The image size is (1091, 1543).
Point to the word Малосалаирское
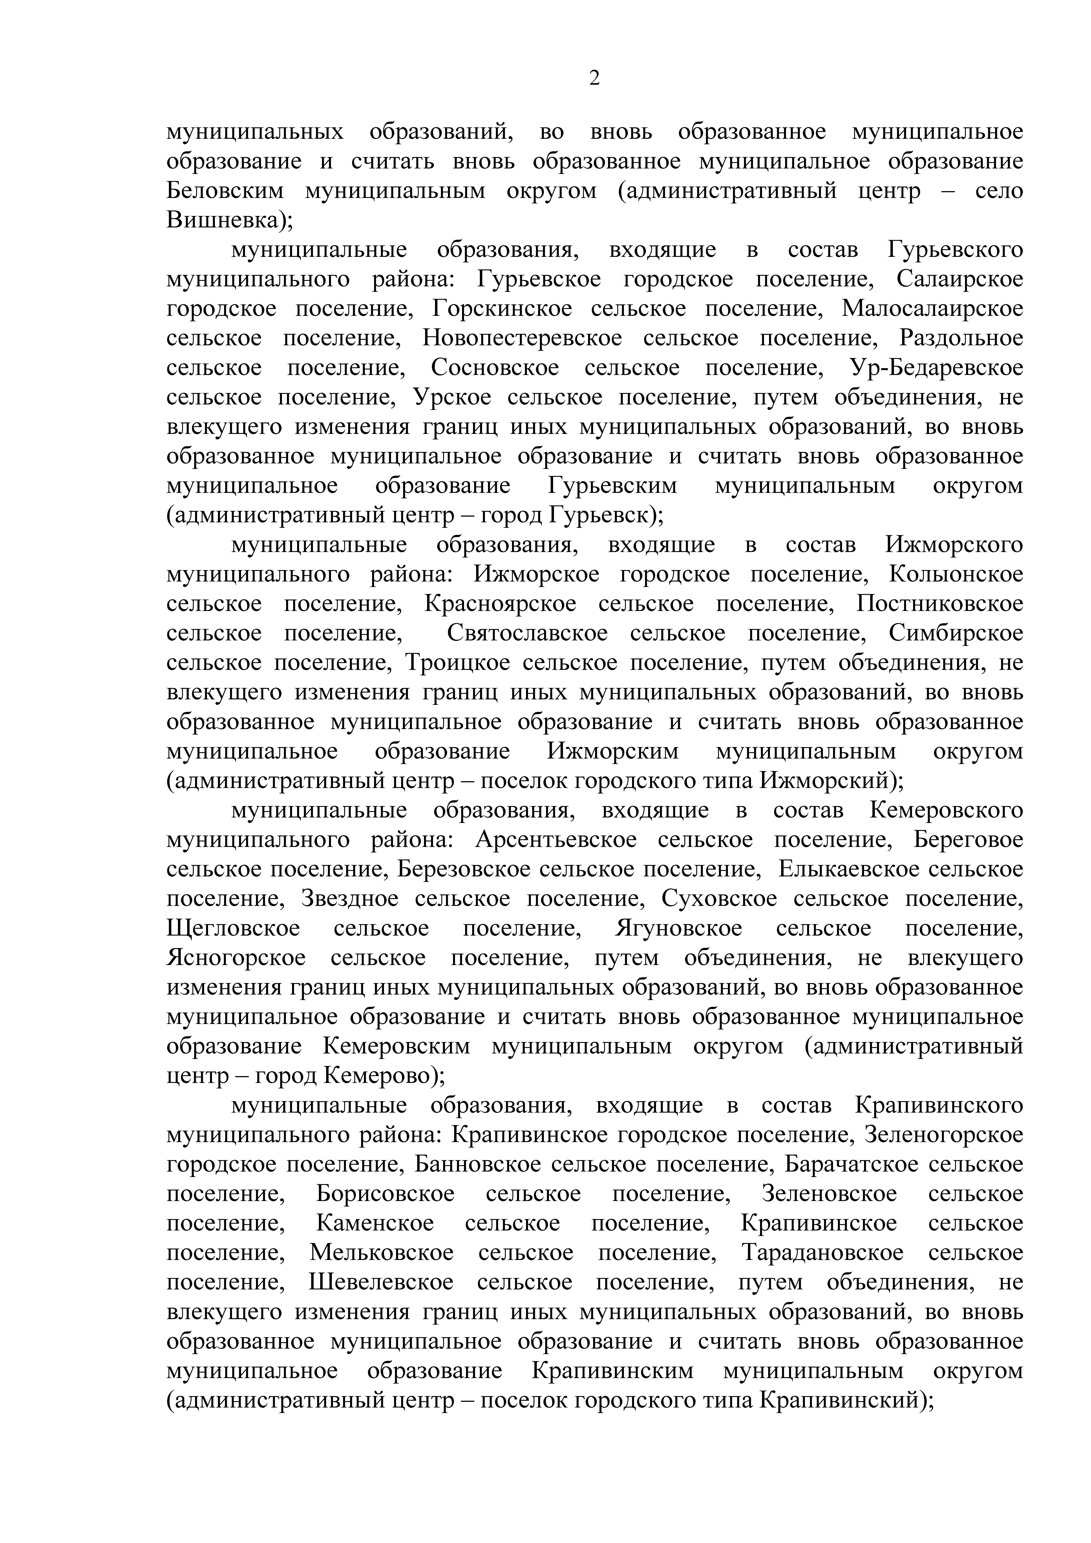tap(932, 309)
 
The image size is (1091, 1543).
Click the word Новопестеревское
tap(522, 338)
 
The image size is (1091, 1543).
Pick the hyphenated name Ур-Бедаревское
tap(936, 367)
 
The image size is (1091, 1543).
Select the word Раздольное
tap(961, 338)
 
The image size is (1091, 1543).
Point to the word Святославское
tap(527, 633)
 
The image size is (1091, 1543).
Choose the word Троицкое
tap(453, 663)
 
